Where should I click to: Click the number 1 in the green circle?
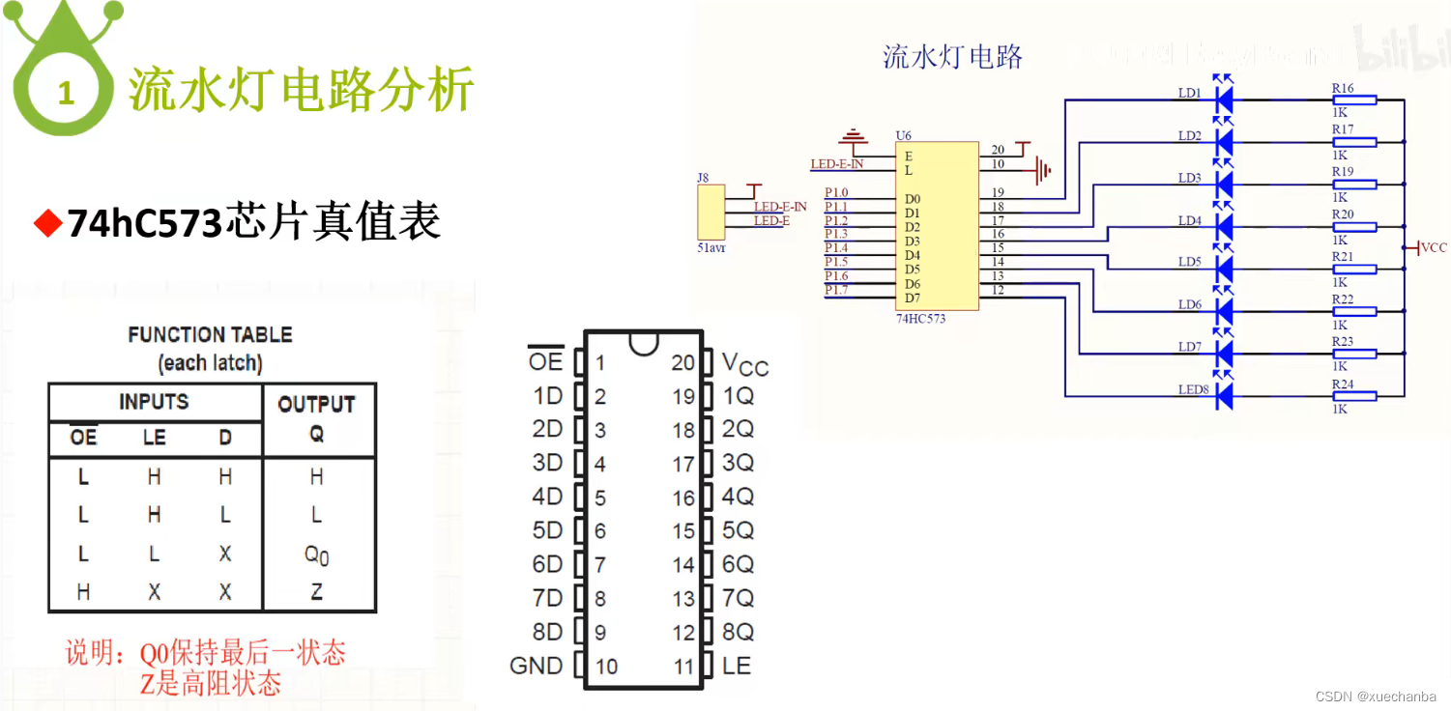coord(66,94)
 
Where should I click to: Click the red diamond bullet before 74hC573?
coord(46,223)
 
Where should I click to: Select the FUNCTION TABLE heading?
coord(210,335)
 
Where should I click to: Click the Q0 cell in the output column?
coord(316,555)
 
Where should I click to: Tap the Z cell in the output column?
coord(316,592)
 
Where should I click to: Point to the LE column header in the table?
coord(154,438)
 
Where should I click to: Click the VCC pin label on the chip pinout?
coord(744,364)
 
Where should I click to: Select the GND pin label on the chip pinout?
coord(537,666)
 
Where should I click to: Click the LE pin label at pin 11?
coord(737,666)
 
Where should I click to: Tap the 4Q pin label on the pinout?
coord(738,497)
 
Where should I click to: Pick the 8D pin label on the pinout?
coord(547,632)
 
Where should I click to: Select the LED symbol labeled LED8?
coord(1223,394)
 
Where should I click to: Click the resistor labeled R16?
coord(1354,100)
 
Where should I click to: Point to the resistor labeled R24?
coord(1354,395)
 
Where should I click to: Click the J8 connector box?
coord(710,213)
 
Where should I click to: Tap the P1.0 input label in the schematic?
coord(836,193)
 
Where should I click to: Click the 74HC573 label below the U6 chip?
coord(920,318)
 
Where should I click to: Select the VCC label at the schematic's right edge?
coord(1434,248)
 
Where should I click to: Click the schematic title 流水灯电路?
coord(952,56)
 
